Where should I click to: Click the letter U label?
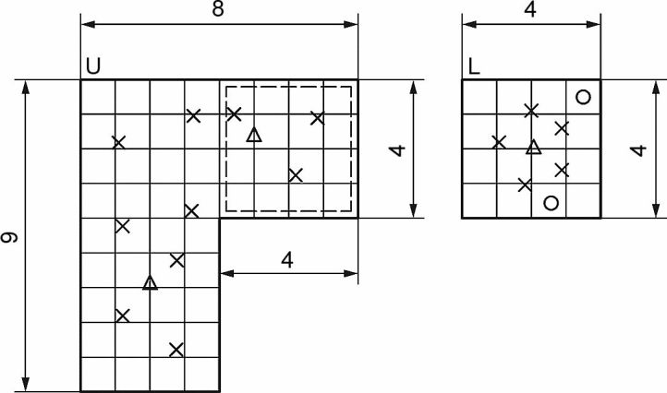[93, 66]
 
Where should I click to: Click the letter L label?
[474, 66]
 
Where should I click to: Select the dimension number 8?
[218, 9]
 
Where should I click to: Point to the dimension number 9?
[9, 237]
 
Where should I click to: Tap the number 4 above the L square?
[530, 9]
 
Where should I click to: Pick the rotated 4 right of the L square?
[638, 150]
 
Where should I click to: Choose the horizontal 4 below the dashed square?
[287, 260]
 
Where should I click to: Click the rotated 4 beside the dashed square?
[397, 150]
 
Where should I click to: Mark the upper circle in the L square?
[583, 97]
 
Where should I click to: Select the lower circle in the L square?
[551, 203]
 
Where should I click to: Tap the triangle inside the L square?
[533, 147]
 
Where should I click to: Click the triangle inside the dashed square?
[254, 135]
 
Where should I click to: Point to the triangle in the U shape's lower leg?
[150, 282]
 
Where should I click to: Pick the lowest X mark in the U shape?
[176, 350]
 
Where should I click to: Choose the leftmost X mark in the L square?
[499, 142]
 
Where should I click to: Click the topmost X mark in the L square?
[531, 111]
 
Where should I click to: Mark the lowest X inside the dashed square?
[296, 174]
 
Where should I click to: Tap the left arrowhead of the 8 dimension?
[88, 24]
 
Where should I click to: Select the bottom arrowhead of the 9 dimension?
[26, 384]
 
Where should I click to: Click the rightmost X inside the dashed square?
[318, 118]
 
